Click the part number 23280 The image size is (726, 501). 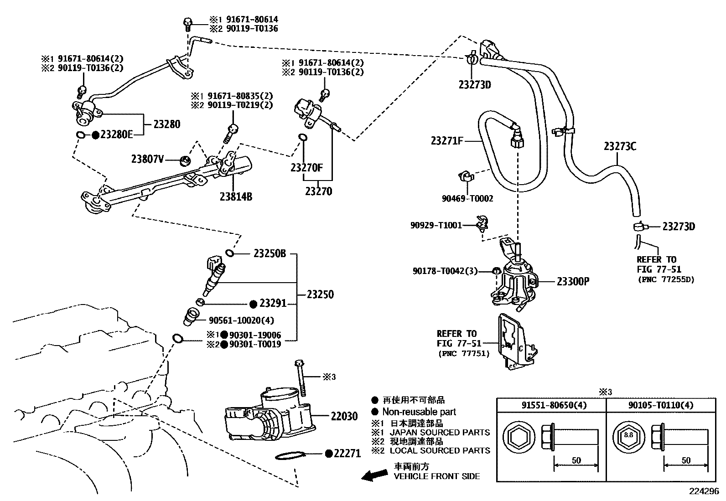pyautogui.click(x=166, y=124)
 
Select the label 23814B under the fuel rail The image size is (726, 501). pyautogui.click(x=236, y=196)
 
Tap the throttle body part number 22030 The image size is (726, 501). pyautogui.click(x=344, y=416)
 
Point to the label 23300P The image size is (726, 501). pyautogui.click(x=573, y=282)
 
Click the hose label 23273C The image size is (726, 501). pyautogui.click(x=620, y=146)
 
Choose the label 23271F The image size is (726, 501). pyautogui.click(x=447, y=141)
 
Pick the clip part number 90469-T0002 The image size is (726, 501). pyautogui.click(x=467, y=198)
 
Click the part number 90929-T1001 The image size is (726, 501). pyautogui.click(x=436, y=225)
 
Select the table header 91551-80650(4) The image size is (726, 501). pyautogui.click(x=554, y=405)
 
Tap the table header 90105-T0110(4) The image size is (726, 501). pyautogui.click(x=661, y=405)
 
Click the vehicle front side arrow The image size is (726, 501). pyautogui.click(x=374, y=475)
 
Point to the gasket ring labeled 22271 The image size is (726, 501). pyautogui.click(x=291, y=455)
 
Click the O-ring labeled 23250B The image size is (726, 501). pyautogui.click(x=229, y=253)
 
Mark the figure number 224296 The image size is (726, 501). pyautogui.click(x=704, y=491)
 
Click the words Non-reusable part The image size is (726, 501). pyautogui.click(x=419, y=412)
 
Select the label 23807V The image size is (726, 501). pyautogui.click(x=147, y=159)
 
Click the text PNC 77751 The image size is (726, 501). pyautogui.click(x=464, y=354)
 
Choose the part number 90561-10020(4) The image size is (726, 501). pyautogui.click(x=241, y=320)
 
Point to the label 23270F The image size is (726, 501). pyautogui.click(x=306, y=168)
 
